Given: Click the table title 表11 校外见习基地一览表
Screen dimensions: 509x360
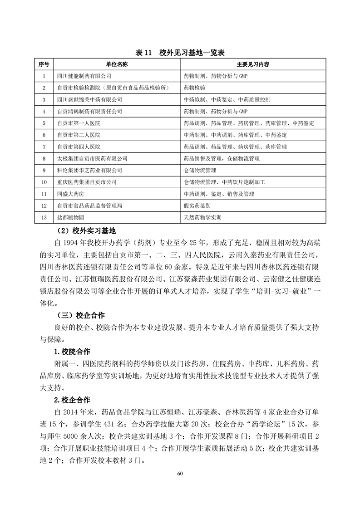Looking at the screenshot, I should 180,53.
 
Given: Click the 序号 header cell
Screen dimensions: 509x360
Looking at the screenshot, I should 44,64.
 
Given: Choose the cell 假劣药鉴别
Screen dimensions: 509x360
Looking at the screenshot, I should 197,206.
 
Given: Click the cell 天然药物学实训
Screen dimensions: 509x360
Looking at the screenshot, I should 202,218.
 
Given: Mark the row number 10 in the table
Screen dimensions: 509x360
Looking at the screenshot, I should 44,182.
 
